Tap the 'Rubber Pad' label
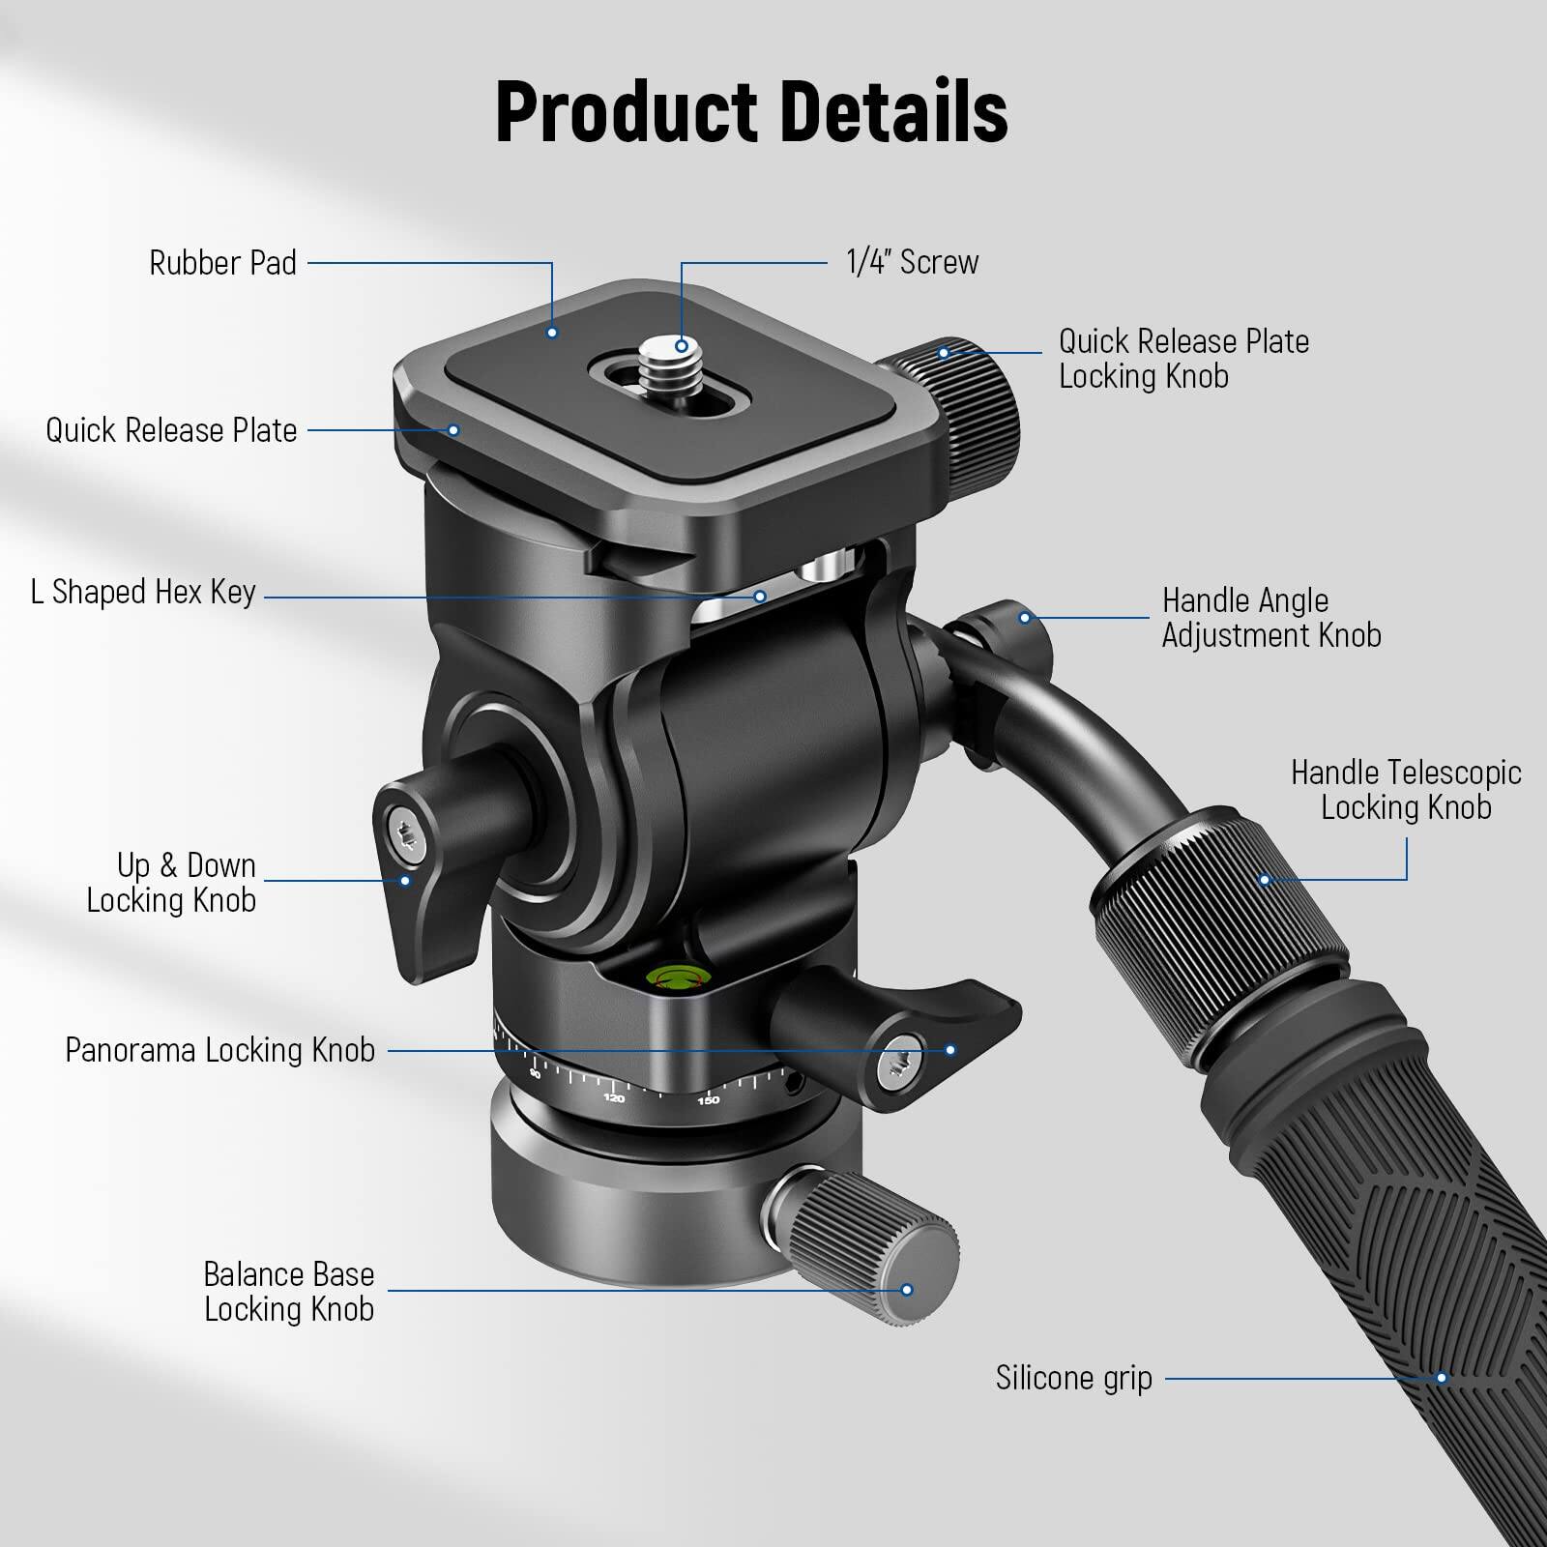tap(222, 263)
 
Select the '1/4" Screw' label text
tap(912, 262)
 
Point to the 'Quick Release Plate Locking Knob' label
tap(1183, 359)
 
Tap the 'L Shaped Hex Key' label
tap(143, 592)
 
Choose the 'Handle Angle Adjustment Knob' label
tap(1270, 618)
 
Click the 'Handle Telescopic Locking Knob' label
tap(1406, 790)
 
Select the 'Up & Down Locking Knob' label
tap(172, 882)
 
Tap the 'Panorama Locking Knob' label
tap(219, 1050)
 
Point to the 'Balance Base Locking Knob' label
tap(288, 1292)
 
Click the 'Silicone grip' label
tap(1073, 1378)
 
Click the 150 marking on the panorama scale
tap(709, 1100)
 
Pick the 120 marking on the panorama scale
tap(614, 1097)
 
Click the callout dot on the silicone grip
tap(1442, 1378)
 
